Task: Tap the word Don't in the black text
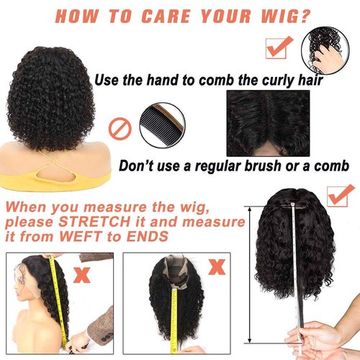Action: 138,166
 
